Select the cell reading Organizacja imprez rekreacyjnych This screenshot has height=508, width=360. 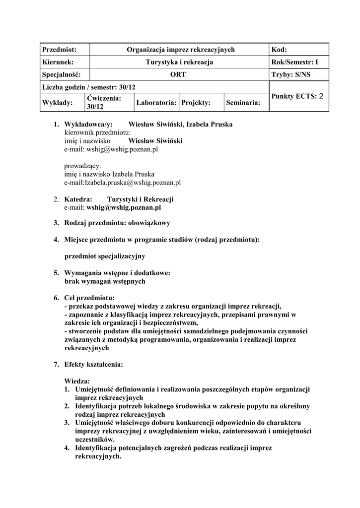pos(180,50)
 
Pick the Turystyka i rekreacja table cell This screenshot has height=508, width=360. pos(179,62)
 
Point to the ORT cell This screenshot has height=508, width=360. pos(179,74)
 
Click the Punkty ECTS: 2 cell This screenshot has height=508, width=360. pos(297,97)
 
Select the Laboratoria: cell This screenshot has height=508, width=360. pos(156,103)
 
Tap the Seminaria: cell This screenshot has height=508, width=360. pos(243,103)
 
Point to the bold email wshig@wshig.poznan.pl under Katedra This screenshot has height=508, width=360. pos(124,208)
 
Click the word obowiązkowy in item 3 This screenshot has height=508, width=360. pos(149,223)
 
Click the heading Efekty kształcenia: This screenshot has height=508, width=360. pos(94,364)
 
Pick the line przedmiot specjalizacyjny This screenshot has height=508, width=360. pos(105,256)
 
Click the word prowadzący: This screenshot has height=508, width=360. pos(82,166)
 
